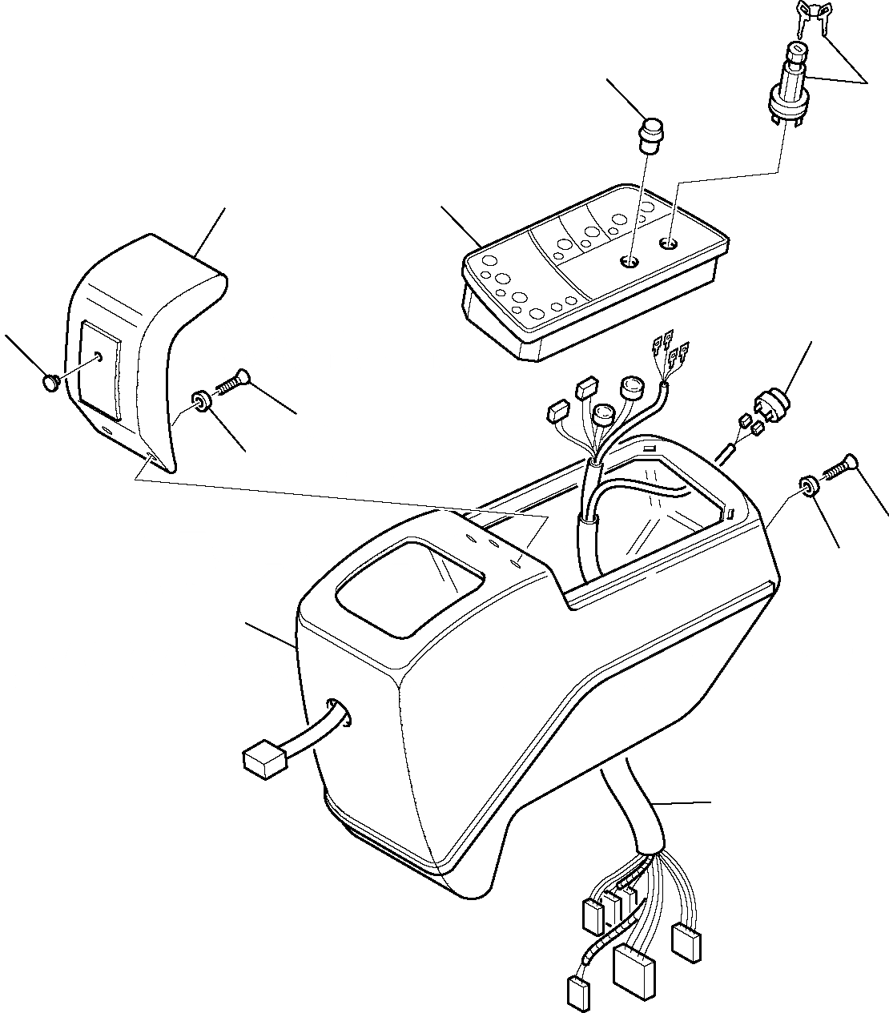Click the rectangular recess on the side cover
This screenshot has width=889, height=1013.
(x=101, y=369)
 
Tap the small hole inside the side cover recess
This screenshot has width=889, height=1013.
(x=98, y=356)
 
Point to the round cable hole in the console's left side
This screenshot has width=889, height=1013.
(x=340, y=713)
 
